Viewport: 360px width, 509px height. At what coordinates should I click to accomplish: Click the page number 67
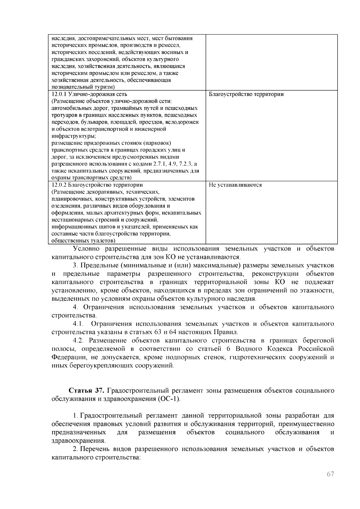click(330, 474)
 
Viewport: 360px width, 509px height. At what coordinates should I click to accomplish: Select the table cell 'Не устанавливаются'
click(235, 185)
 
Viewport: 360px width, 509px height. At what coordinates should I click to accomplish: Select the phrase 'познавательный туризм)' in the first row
click(83, 87)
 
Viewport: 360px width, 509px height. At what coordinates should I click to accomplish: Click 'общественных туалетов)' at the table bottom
click(83, 241)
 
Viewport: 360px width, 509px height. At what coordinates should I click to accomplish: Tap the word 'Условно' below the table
click(86, 249)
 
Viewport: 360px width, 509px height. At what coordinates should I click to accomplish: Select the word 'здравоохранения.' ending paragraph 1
click(79, 441)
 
